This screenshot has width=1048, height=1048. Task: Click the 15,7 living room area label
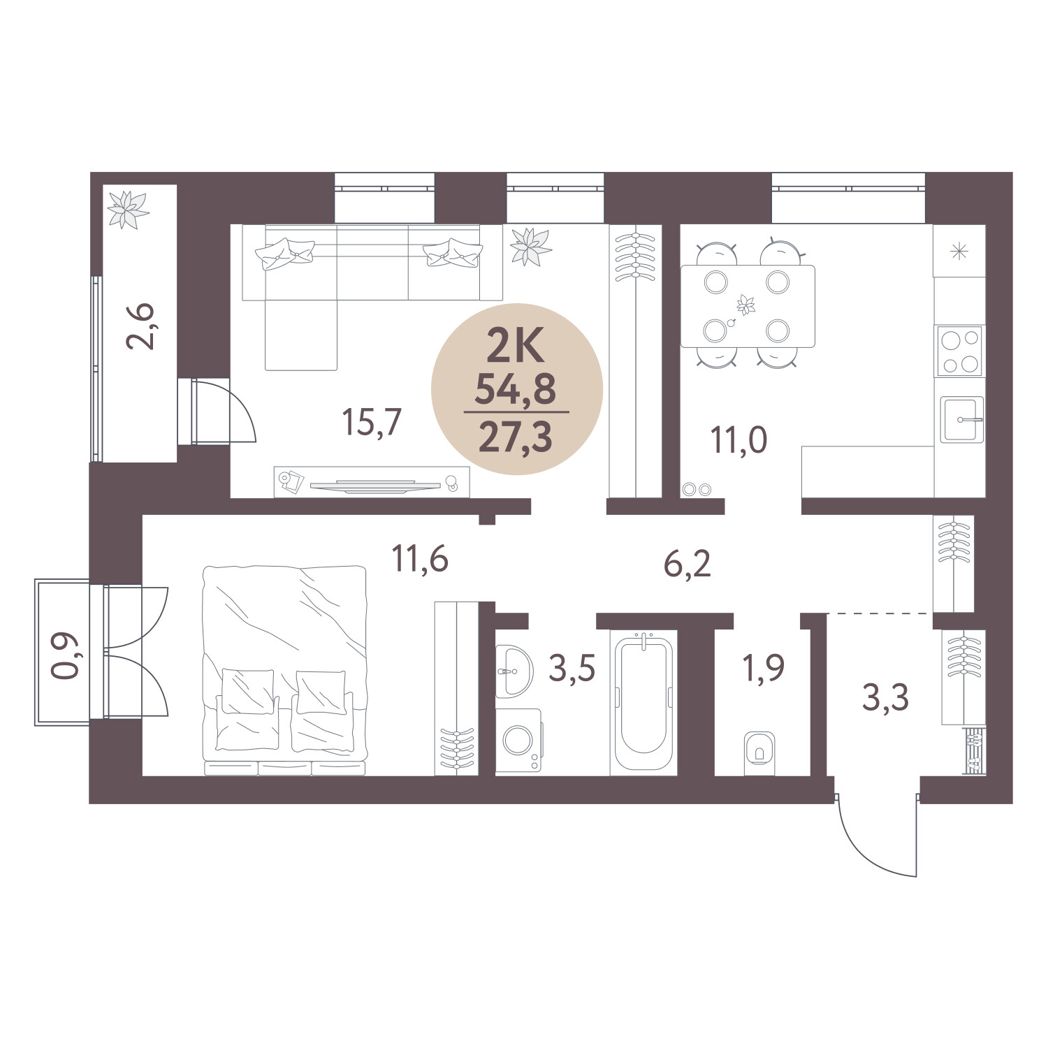click(371, 423)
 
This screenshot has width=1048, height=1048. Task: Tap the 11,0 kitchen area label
click(738, 440)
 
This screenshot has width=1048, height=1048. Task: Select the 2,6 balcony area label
click(140, 326)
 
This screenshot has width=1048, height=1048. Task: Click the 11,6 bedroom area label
click(419, 560)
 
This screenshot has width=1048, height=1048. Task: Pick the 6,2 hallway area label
click(687, 564)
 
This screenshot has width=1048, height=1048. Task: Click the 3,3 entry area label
click(885, 697)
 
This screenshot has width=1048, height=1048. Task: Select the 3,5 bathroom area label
click(572, 669)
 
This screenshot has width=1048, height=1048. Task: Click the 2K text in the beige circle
click(516, 347)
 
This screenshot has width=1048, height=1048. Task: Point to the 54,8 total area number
click(516, 390)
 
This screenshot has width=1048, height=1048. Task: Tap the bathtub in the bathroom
click(643, 702)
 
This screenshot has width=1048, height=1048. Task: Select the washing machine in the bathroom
click(518, 740)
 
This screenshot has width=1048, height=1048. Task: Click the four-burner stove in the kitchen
click(959, 351)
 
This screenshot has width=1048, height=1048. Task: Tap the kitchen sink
click(961, 419)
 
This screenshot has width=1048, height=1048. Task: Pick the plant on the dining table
click(746, 305)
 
